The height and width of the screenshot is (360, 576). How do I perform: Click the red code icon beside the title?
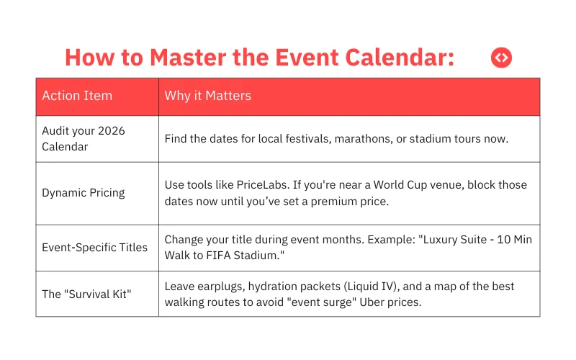(x=501, y=58)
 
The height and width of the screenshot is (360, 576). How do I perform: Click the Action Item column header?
(x=77, y=96)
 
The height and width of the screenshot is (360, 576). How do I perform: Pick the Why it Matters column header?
(x=207, y=96)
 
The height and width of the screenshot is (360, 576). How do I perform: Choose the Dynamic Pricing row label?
(x=83, y=193)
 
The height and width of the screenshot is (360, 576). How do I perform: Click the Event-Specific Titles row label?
(x=94, y=247)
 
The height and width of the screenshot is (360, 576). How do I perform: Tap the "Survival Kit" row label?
(x=86, y=294)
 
